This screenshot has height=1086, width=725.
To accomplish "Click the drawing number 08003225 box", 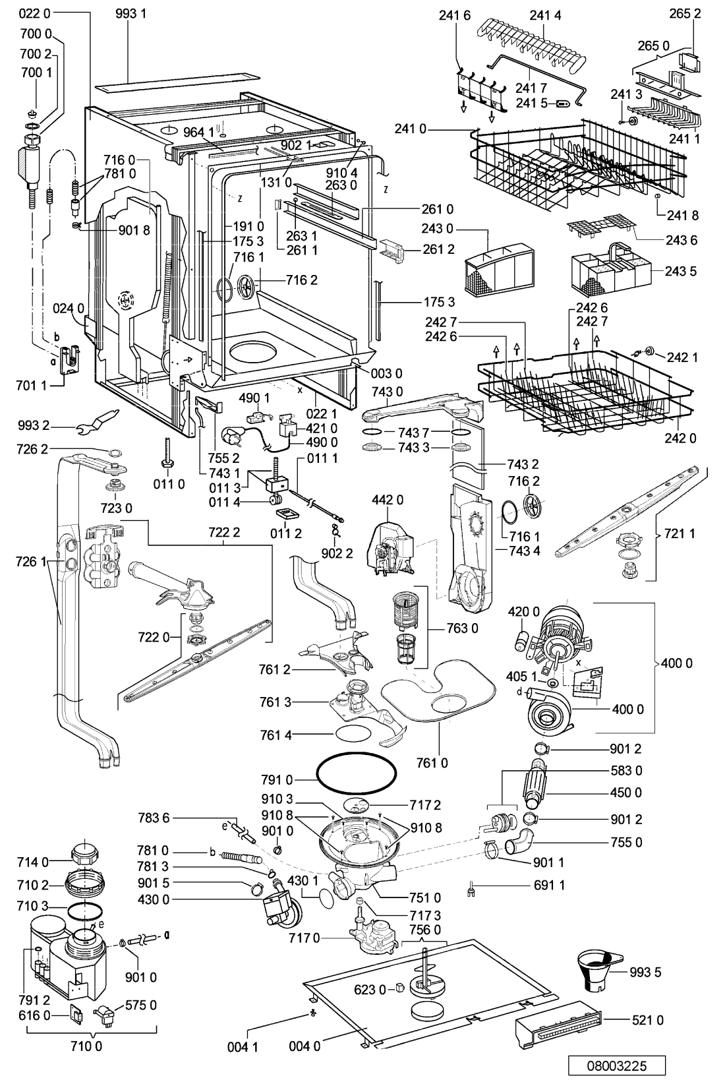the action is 616,1066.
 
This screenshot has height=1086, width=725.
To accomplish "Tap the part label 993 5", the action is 645,972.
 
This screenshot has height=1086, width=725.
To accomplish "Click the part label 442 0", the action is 388,499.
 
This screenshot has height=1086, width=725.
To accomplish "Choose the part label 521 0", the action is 647,1020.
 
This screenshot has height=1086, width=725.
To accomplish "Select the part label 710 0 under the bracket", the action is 86,1059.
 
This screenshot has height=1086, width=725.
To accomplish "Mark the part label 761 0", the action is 432,763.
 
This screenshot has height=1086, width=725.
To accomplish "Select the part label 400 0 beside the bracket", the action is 676,663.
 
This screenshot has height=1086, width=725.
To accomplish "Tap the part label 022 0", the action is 34,13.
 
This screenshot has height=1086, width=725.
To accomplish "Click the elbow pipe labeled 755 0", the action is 519,841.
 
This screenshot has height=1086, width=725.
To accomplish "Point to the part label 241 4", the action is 545,16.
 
